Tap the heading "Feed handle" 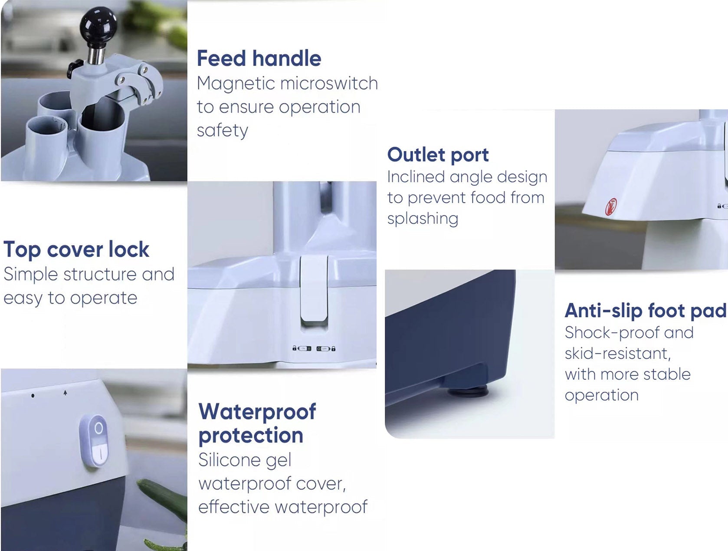tap(259, 58)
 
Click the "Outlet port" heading tap(438, 155)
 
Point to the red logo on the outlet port tap(611, 206)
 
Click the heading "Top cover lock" tap(76, 249)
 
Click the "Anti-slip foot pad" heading tap(646, 311)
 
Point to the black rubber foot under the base tap(468, 391)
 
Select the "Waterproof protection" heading tap(257, 423)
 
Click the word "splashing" tap(423, 219)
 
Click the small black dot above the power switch tap(33, 396)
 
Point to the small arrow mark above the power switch tap(66, 393)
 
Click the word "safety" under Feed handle tap(223, 131)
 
